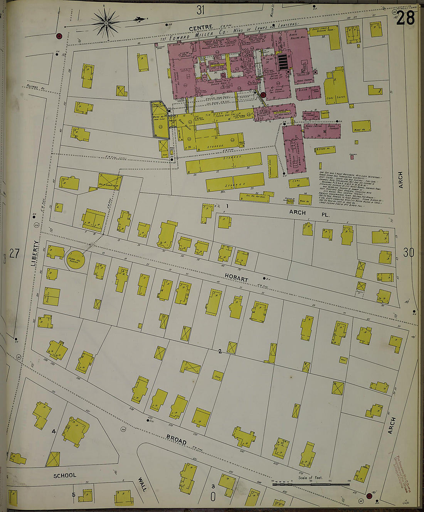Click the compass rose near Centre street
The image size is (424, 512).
106,23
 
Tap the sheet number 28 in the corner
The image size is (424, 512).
405,18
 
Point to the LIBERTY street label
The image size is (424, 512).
35,253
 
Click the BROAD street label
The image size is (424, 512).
177,439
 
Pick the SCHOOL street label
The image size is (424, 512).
65,475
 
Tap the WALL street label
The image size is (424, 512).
142,485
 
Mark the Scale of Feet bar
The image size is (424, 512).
311,483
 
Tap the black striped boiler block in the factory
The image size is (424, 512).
283,62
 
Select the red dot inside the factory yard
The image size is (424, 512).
263,95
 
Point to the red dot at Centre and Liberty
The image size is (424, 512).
59,36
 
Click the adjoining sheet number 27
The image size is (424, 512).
14,253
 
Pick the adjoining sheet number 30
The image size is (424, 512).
409,252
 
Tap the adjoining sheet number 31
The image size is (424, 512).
200,10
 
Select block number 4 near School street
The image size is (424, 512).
54,431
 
